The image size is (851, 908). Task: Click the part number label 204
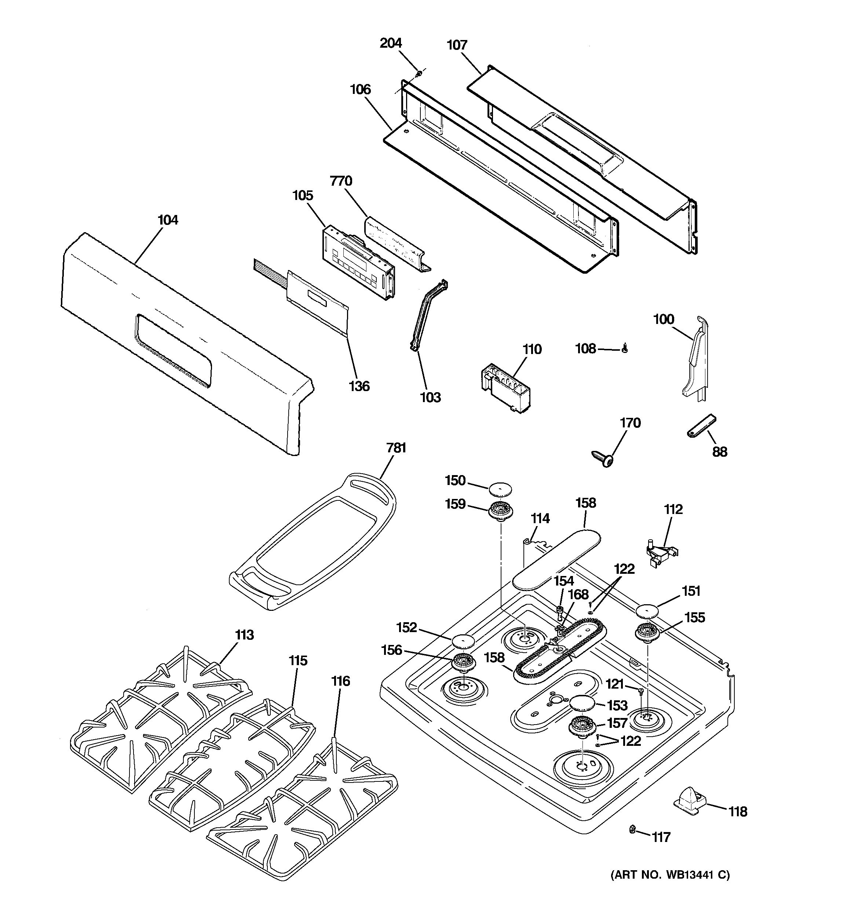pyautogui.click(x=391, y=43)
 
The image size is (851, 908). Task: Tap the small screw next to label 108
pyautogui.click(x=625, y=349)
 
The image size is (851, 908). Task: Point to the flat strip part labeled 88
pyautogui.click(x=701, y=426)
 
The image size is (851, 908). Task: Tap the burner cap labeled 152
pyautogui.click(x=463, y=642)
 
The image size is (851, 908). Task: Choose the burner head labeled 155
pyautogui.click(x=648, y=634)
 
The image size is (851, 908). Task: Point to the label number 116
pyautogui.click(x=340, y=681)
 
